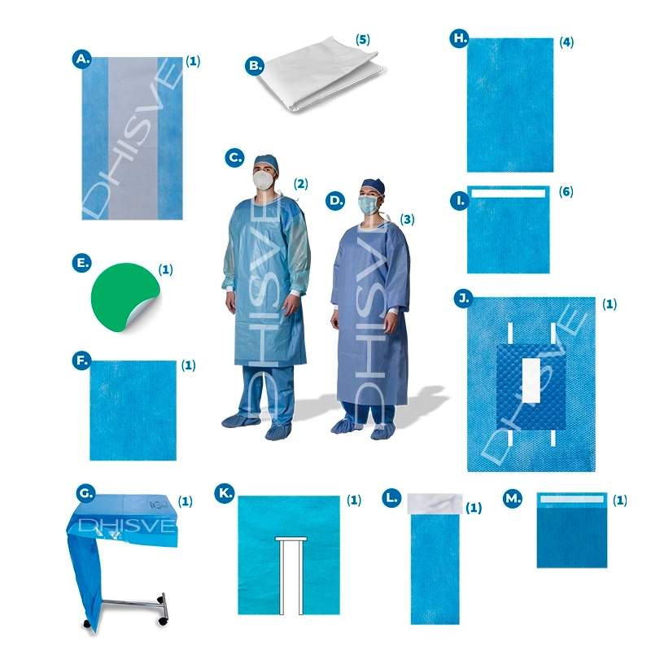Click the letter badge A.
[82, 59]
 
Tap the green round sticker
[124, 296]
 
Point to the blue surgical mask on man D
[369, 205]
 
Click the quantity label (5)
[362, 40]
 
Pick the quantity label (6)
[566, 191]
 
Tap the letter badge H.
[460, 38]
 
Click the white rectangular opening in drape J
[531, 380]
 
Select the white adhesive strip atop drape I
[508, 194]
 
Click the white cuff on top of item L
[435, 504]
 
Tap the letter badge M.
[513, 498]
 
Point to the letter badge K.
[225, 493]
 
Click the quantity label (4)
[566, 42]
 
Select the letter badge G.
[86, 493]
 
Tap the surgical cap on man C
[266, 162]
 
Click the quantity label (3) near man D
[407, 219]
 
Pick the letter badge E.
[82, 263]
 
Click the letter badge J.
[464, 298]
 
